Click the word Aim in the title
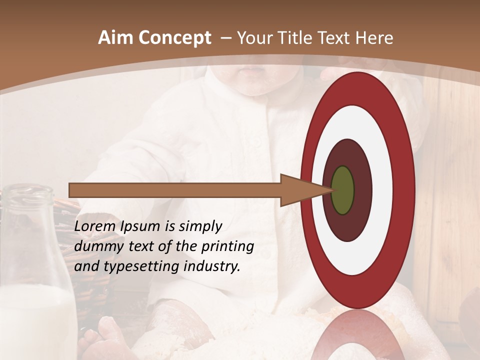[116, 38]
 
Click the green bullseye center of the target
[342, 190]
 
